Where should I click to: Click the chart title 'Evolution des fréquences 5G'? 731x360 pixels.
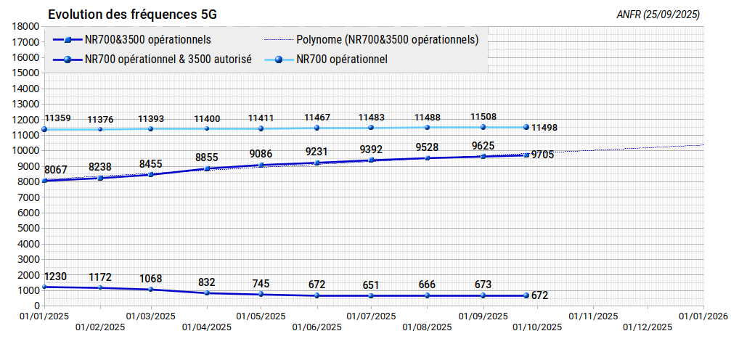click(x=132, y=15)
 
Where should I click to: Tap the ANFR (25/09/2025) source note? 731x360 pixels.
click(x=658, y=15)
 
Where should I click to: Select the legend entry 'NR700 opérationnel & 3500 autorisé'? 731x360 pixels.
click(x=152, y=60)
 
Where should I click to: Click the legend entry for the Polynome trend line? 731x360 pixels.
click(x=372, y=40)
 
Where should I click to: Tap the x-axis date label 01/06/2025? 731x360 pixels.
click(x=317, y=327)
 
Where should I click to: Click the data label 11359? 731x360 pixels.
click(x=58, y=118)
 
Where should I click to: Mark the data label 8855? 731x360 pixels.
click(x=207, y=157)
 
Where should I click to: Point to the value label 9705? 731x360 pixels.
click(x=543, y=155)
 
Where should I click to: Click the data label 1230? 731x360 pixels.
click(x=55, y=276)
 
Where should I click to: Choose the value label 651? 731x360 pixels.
click(x=371, y=285)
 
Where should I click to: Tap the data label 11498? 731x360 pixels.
click(x=544, y=127)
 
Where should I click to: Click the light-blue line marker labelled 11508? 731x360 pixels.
click(x=483, y=127)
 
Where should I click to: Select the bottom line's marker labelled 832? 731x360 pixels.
click(x=207, y=292)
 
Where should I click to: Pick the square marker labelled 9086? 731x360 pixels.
click(x=261, y=165)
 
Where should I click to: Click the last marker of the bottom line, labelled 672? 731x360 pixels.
click(x=526, y=295)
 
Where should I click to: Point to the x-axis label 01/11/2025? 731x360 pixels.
click(x=593, y=316)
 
